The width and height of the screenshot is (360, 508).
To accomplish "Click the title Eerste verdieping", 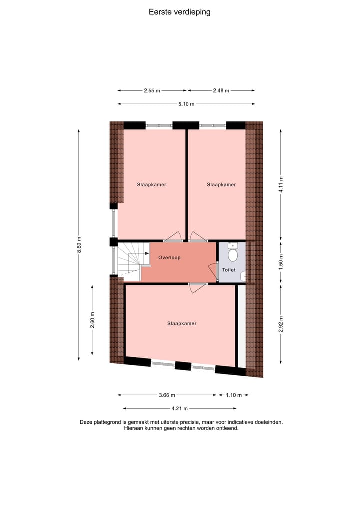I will coord(180,12).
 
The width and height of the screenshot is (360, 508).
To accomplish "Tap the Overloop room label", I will coord(169,258).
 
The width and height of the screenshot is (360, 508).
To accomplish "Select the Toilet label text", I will coord(229,270).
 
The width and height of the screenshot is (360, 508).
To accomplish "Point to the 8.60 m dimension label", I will coord(79,244).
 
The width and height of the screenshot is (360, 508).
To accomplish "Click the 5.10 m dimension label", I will coord(186,104).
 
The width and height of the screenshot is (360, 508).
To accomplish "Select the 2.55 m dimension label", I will coord(152,91).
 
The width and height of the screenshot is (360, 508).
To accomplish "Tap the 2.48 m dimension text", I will coord(221,91).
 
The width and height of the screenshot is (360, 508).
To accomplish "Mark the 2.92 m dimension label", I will coord(281,323).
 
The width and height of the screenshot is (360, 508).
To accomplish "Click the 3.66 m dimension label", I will coord(167,395).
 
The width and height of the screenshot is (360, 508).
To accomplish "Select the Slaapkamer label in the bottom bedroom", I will coord(182,324).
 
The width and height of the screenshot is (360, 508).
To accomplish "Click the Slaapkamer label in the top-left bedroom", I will coord(151,185).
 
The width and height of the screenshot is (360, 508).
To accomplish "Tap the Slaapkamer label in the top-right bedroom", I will coord(221,185).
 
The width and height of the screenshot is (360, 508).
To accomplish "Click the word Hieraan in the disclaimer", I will coord(134,428).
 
